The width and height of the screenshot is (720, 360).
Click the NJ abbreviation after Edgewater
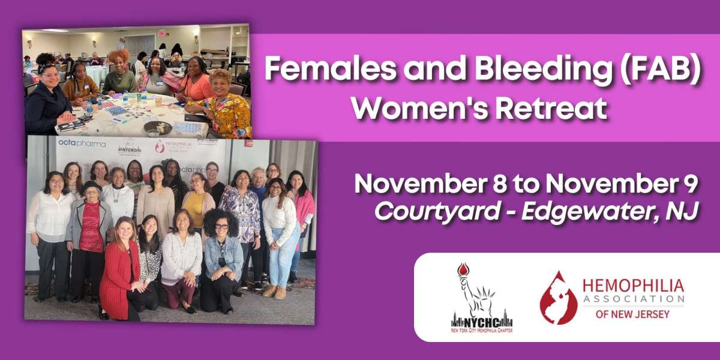pos(683,211)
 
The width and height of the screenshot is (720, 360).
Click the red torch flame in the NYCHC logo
pos(462,269)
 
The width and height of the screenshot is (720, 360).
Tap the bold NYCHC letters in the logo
pos(482,319)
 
